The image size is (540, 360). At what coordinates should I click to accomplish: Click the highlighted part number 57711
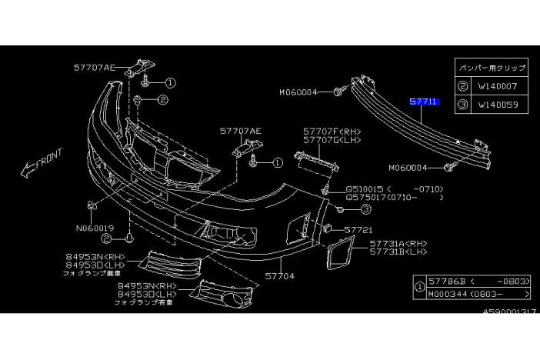click(x=424, y=101)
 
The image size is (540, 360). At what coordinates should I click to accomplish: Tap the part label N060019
click(x=95, y=228)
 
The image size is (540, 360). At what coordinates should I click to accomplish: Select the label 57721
click(x=358, y=229)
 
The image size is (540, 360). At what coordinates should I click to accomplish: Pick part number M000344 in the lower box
click(x=448, y=294)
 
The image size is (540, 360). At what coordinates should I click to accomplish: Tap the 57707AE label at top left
click(x=94, y=68)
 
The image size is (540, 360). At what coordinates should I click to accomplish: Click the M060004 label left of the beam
click(x=298, y=92)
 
